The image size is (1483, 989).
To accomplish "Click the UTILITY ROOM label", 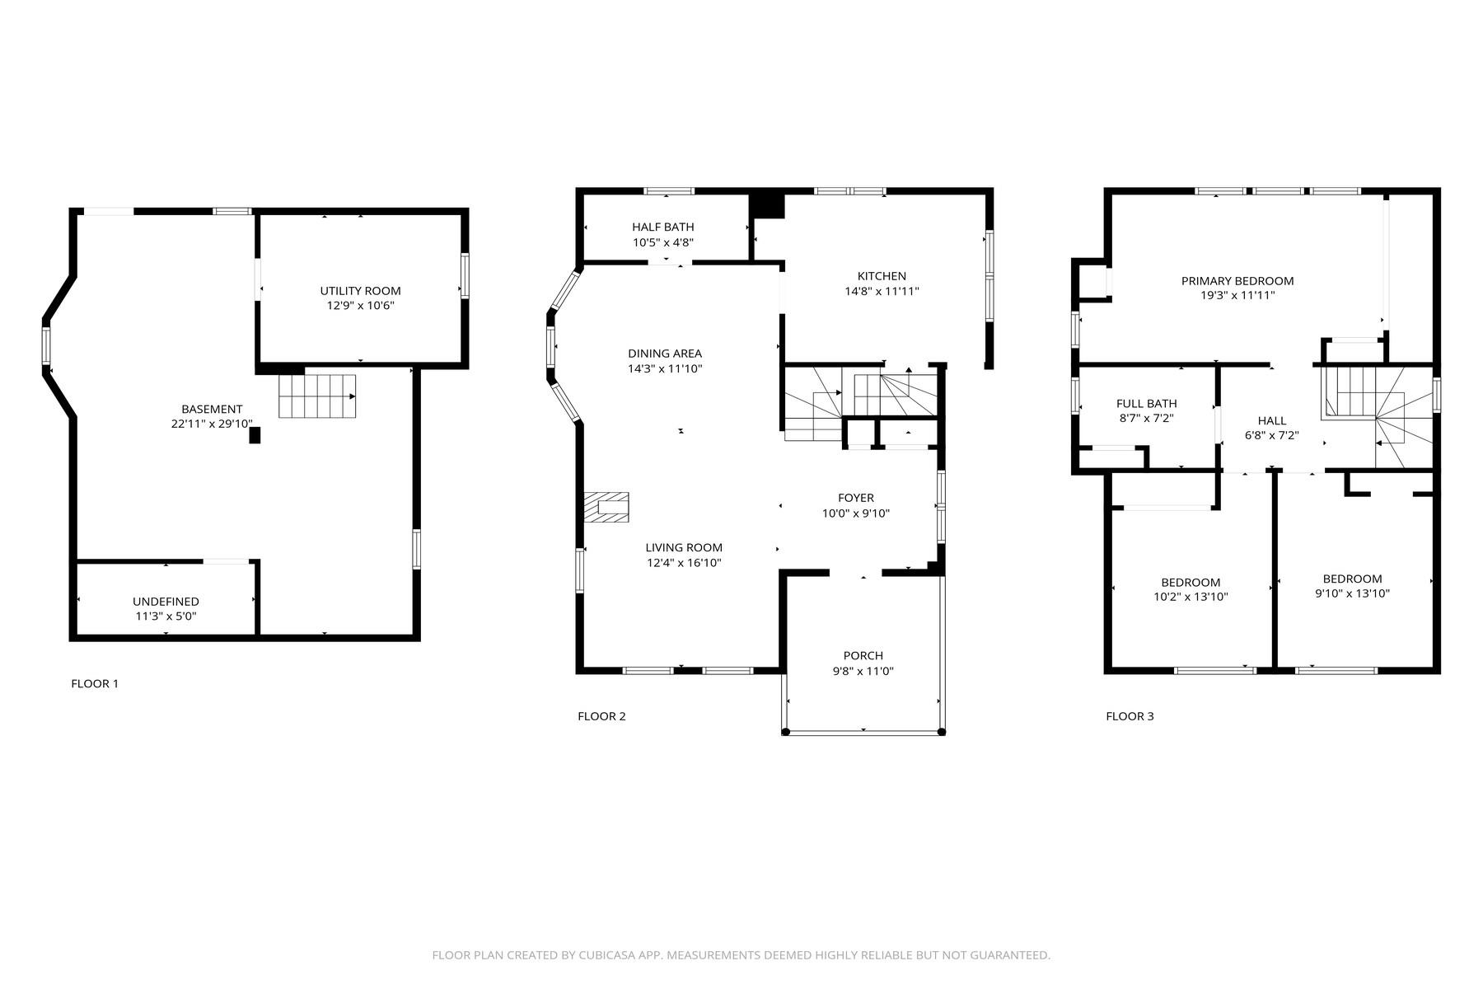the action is [360, 291].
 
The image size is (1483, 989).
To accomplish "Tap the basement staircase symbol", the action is [317, 396].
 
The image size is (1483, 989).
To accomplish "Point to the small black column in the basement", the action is [255, 435].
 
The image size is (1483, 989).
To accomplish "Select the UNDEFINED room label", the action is [166, 602].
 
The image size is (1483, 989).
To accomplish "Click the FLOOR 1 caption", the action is [95, 683].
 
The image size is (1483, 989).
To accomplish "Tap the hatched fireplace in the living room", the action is [606, 507].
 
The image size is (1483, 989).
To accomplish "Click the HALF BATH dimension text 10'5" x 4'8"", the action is [663, 242].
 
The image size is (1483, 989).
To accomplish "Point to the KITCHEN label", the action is [882, 276].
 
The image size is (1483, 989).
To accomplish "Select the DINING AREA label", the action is [665, 354].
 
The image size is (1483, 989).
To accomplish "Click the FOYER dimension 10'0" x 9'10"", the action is [856, 513].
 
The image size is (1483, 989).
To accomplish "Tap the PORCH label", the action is [863, 656].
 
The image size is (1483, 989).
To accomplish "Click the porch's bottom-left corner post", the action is [785, 731].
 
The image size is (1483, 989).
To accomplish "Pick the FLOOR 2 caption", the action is [601, 716].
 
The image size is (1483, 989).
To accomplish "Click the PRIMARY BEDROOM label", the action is [1237, 281].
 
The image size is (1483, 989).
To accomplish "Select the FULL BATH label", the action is [1146, 404].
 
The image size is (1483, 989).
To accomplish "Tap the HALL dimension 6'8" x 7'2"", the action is [1271, 435].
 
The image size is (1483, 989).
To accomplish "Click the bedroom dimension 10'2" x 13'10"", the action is [1191, 597].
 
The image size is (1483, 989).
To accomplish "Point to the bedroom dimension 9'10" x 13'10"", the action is [1352, 593].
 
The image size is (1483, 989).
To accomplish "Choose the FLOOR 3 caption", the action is [1130, 716].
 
